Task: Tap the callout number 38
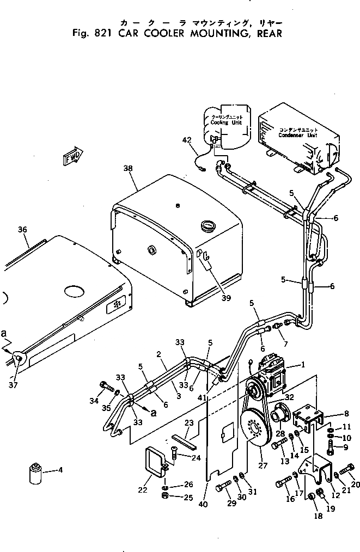(x=128, y=169)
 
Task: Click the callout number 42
(x=187, y=140)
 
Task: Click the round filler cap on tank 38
(x=208, y=225)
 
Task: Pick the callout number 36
(x=22, y=230)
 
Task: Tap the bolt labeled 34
(x=105, y=388)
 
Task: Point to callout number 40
(x=203, y=504)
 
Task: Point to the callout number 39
(x=225, y=298)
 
